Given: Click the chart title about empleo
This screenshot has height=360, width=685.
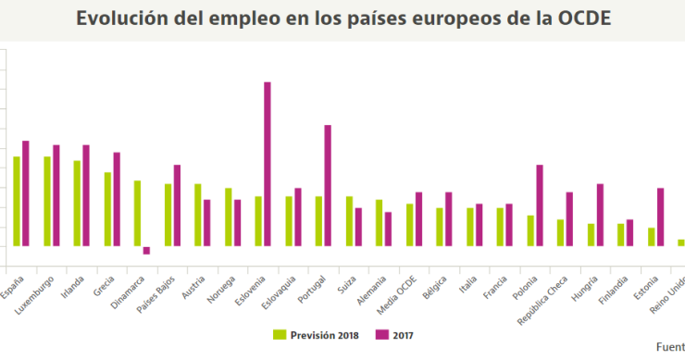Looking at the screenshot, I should click(x=342, y=19).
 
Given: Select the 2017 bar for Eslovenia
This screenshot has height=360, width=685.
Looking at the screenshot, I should click(x=268, y=164).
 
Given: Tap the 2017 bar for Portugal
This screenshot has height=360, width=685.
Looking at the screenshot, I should click(x=328, y=185).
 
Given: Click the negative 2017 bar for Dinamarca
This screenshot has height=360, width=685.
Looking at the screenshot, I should click(x=146, y=250).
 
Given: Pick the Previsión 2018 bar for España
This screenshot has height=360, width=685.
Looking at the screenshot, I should click(x=17, y=201).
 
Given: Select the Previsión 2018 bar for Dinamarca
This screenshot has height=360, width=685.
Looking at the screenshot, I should click(x=137, y=213).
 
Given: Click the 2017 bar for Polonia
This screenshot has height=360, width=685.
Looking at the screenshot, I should click(x=539, y=205).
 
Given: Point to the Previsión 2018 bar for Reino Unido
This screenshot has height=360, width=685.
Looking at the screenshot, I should click(x=681, y=242).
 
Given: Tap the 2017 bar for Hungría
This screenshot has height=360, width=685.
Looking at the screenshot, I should click(x=600, y=215).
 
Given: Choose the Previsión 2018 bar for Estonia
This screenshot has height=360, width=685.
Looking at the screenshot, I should click(x=651, y=236).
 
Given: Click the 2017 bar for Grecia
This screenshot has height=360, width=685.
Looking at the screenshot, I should click(x=117, y=199).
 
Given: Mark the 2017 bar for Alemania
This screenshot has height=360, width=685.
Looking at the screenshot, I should click(x=388, y=229).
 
